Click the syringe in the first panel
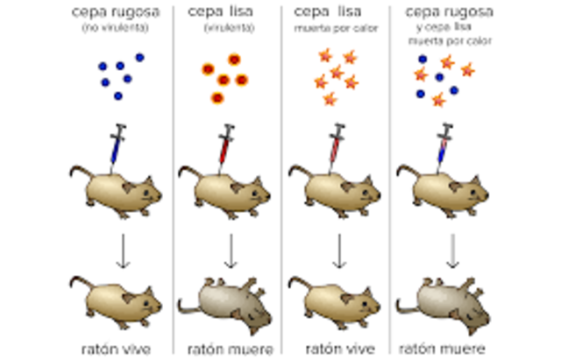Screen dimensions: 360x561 click(x=116, y=145)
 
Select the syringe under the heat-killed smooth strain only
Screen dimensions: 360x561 click(x=336, y=145)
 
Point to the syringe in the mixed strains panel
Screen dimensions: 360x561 click(x=444, y=145)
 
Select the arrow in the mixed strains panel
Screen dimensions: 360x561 click(x=452, y=251)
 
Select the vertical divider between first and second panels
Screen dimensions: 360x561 click(x=173, y=175)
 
